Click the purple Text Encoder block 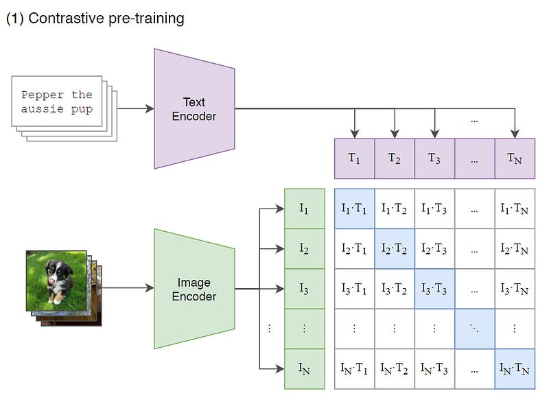pos(194,108)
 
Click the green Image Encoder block pos(194,289)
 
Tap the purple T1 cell pos(354,158)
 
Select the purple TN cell pos(515,158)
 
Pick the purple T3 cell pos(434,158)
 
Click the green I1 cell pos(304,209)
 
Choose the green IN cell pos(304,369)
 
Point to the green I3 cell pos(304,289)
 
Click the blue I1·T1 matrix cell pos(354,209)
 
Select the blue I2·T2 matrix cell pos(395,248)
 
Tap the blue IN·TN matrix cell pos(515,369)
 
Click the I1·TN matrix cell pos(515,209)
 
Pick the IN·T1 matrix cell pos(354,369)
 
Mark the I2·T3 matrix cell pos(434,248)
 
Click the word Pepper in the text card pos(42,95)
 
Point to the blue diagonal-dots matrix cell pos(475,329)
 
